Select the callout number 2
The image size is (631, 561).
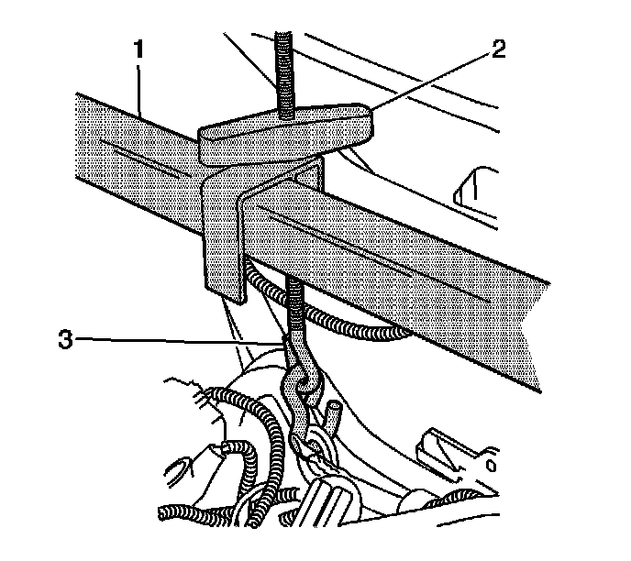[498, 50]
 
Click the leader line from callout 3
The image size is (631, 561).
[183, 339]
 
